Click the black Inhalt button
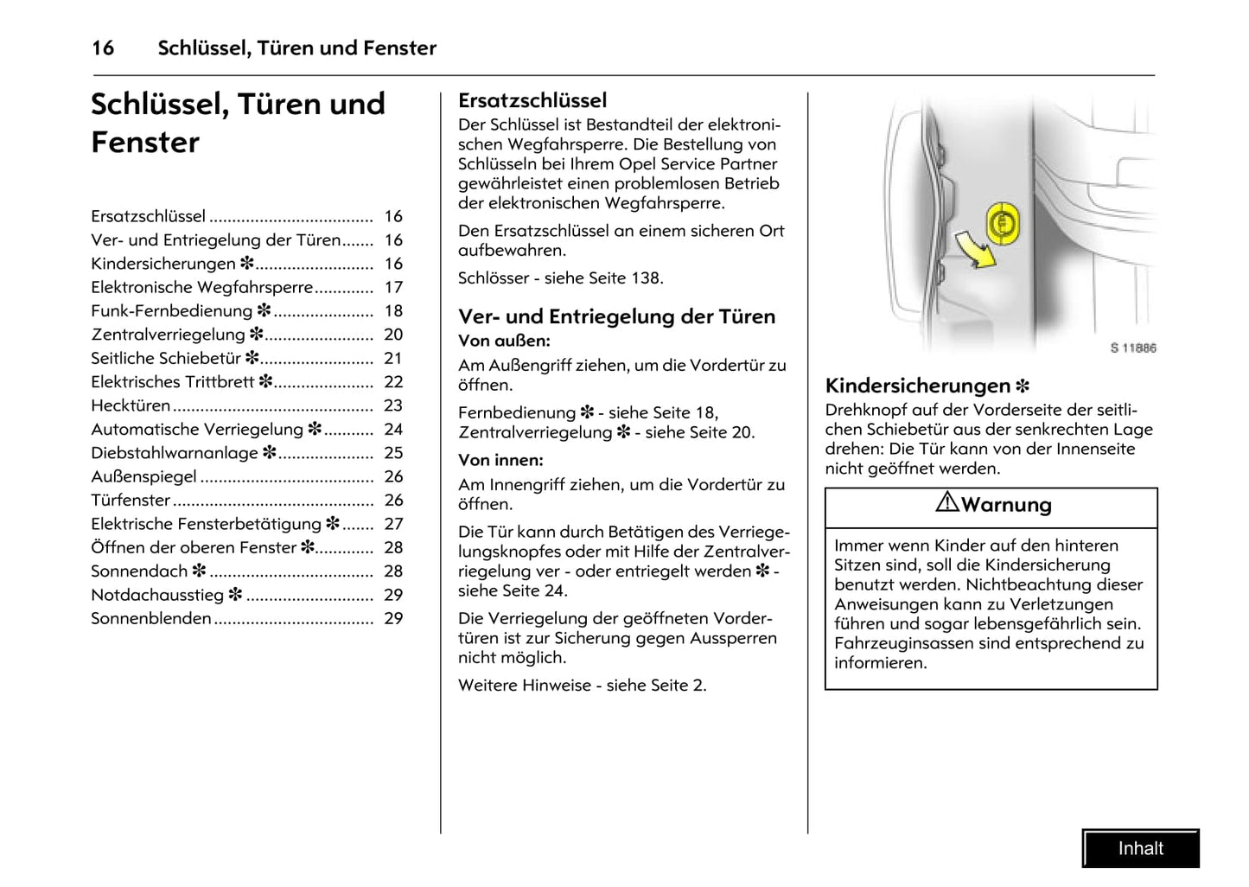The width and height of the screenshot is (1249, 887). point(1140,848)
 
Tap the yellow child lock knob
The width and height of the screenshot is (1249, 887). point(1003,223)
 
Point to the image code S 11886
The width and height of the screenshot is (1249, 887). point(1132,348)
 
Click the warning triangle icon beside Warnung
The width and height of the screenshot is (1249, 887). point(947,502)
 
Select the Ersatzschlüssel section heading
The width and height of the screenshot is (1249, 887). point(532,100)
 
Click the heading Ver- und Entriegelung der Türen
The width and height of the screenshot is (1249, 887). point(616,316)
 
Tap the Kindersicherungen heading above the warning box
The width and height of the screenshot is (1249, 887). point(918,386)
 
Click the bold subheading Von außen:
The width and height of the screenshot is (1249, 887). point(504,341)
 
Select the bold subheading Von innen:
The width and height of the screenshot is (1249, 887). point(500,460)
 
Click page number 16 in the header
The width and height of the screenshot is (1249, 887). point(103,48)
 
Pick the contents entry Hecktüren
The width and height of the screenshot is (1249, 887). point(131,405)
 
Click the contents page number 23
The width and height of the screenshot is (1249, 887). point(393,405)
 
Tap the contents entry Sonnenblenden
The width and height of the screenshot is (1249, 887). point(151,618)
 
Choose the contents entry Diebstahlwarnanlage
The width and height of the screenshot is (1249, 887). point(175,453)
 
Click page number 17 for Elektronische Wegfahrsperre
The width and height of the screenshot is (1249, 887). point(393,287)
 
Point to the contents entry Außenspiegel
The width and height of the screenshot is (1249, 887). point(144,476)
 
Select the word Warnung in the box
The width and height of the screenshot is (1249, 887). point(1006,505)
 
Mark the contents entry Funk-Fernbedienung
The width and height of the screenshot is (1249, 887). point(172,311)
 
